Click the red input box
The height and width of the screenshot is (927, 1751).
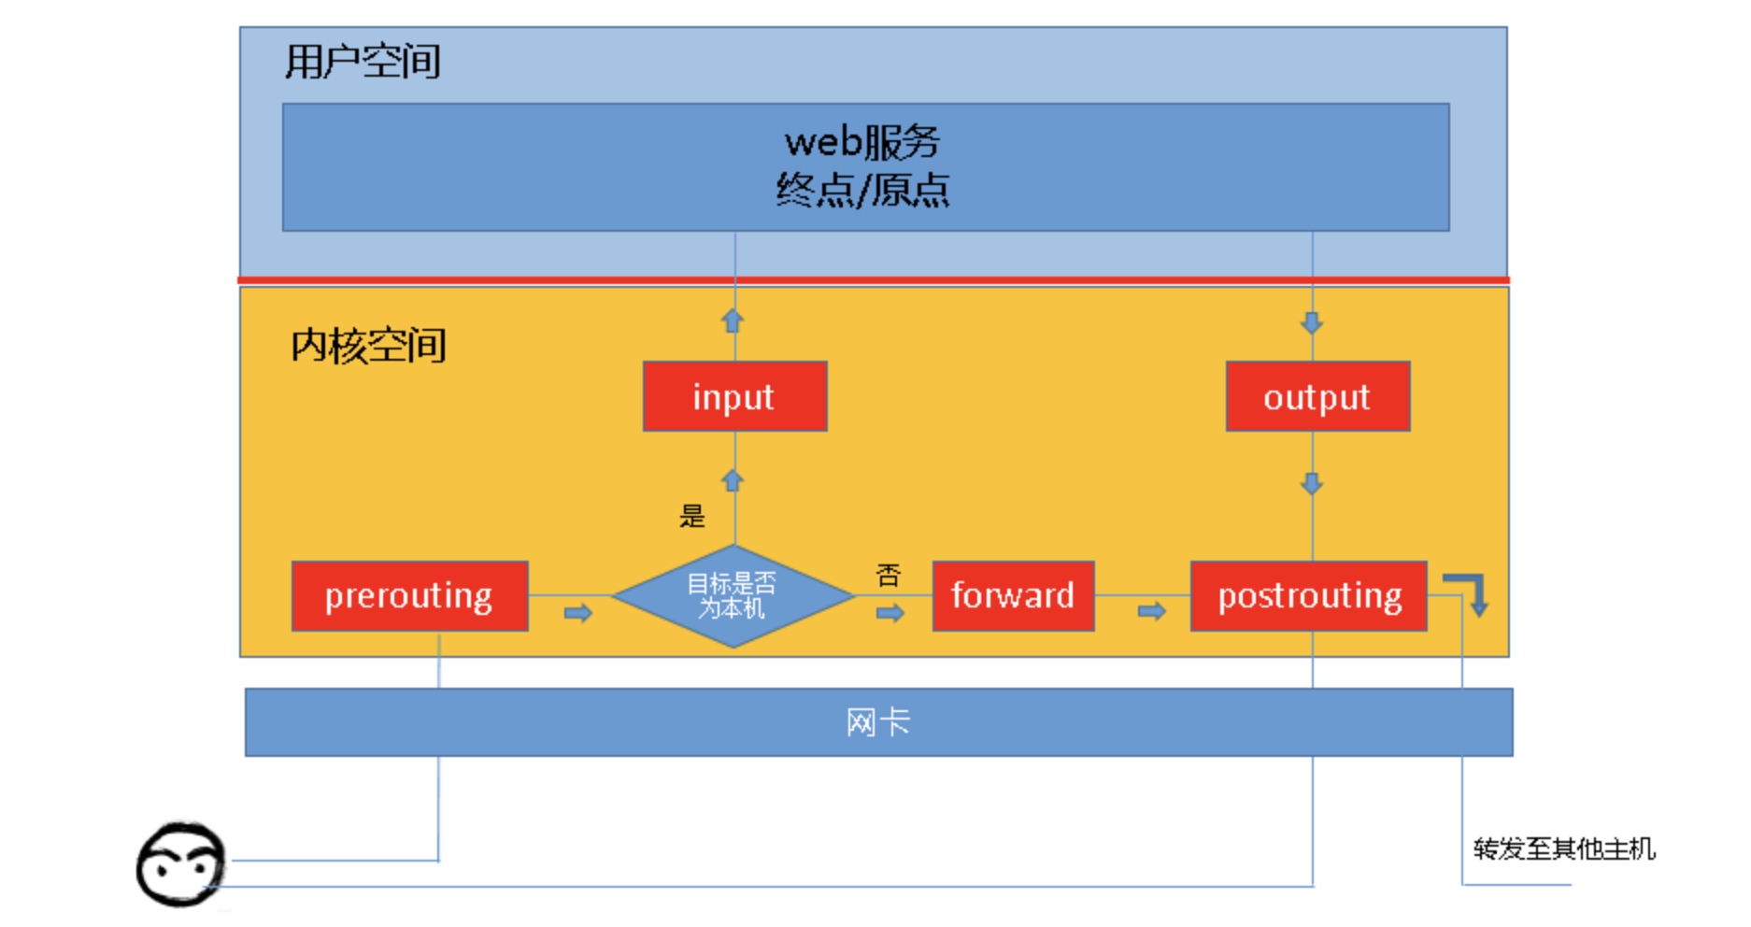pyautogui.click(x=735, y=396)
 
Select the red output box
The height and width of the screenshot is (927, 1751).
pyautogui.click(x=1317, y=396)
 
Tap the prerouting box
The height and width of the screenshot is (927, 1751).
pyautogui.click(x=410, y=596)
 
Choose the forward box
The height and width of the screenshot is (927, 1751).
pyautogui.click(x=1014, y=596)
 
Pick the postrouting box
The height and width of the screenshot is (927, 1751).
pyautogui.click(x=1309, y=596)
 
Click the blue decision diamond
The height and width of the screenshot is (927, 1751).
pyautogui.click(x=733, y=595)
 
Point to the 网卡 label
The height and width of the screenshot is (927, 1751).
pyautogui.click(x=877, y=722)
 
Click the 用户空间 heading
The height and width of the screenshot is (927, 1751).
pyautogui.click(x=363, y=62)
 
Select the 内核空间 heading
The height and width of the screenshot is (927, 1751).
pyautogui.click(x=368, y=346)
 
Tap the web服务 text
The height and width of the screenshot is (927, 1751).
pyautogui.click(x=862, y=142)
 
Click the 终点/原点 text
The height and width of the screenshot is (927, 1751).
pyautogui.click(x=862, y=190)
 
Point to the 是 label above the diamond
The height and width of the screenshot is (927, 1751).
pyautogui.click(x=692, y=516)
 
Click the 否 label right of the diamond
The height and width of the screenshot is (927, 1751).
pyautogui.click(x=889, y=575)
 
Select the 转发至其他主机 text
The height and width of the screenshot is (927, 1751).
pyautogui.click(x=1564, y=849)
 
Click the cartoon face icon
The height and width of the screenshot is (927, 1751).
pyautogui.click(x=181, y=865)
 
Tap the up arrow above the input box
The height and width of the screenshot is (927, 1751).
pyautogui.click(x=733, y=321)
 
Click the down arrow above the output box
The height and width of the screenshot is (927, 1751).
pyautogui.click(x=1312, y=323)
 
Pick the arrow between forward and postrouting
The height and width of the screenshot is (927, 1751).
pyautogui.click(x=1152, y=611)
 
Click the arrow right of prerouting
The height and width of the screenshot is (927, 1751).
pyautogui.click(x=578, y=613)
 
